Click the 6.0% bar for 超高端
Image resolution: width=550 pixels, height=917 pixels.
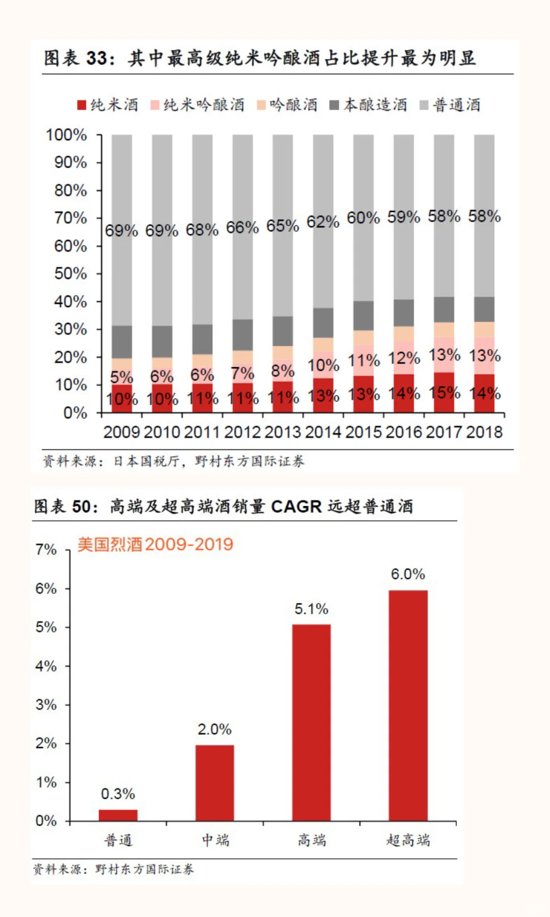[408, 705]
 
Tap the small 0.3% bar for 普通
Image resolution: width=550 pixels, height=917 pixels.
[118, 815]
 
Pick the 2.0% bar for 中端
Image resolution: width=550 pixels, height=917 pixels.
[214, 783]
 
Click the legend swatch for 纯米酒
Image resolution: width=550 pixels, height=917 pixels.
[81, 105]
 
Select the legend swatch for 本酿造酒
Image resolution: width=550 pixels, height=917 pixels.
[334, 105]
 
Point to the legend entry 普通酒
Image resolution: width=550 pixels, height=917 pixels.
[456, 105]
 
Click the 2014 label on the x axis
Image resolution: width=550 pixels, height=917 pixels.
[323, 432]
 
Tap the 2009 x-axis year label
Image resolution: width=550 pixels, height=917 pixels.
[122, 432]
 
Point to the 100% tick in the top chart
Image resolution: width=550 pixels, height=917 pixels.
[66, 135]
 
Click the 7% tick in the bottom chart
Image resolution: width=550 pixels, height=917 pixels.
[46, 550]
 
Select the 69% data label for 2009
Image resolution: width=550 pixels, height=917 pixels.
[121, 231]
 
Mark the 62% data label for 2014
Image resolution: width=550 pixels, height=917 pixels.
[323, 222]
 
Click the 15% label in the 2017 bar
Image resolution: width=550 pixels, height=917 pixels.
[444, 393]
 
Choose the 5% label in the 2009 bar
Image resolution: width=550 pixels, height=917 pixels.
[122, 377]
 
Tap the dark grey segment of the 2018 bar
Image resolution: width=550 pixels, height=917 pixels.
[484, 309]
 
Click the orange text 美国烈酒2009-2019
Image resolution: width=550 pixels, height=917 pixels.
[155, 544]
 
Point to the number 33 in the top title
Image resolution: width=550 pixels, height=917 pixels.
[97, 58]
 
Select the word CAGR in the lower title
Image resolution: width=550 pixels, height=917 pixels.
[296, 506]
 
